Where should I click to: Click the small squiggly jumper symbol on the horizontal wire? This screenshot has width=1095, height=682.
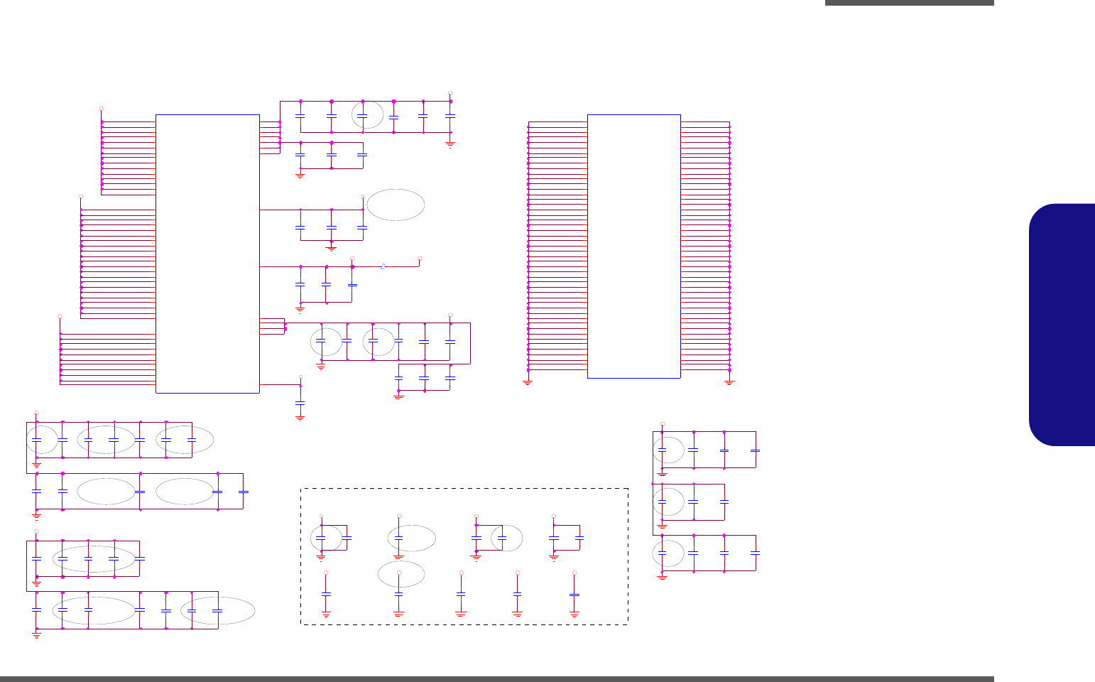383,266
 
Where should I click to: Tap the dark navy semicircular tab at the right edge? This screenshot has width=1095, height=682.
1062,325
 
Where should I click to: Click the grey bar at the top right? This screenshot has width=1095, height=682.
909,3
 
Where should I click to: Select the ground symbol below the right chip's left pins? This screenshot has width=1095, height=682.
528,382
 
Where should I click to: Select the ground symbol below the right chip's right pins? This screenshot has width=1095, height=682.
729,382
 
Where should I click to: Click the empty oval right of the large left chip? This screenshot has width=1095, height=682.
396,205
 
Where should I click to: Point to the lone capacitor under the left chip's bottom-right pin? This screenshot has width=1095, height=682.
300,403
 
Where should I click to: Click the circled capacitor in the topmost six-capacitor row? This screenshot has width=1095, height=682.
362,115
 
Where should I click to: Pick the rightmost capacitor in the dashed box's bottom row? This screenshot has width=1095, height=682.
574,594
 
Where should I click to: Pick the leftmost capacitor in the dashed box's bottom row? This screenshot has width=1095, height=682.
326,594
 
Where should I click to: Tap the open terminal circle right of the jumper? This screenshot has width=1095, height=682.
420,259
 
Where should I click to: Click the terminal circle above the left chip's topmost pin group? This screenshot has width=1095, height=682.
101,108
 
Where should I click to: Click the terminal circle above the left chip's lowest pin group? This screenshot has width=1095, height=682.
60,315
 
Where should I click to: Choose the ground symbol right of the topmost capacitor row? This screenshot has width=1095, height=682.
450,144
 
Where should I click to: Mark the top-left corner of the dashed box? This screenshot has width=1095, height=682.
301,489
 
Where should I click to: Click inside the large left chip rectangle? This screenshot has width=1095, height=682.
207,253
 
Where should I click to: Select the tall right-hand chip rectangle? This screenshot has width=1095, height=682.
634,246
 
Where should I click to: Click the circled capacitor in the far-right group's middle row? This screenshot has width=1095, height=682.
663,501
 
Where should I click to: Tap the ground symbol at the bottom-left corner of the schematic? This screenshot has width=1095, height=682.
36,635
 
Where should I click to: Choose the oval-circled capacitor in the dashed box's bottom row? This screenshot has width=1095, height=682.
399,594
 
